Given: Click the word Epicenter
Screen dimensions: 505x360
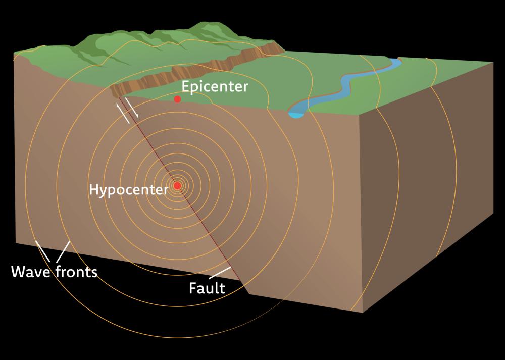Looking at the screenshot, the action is (x=215, y=86).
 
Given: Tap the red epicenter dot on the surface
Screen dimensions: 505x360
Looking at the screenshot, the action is (x=177, y=99).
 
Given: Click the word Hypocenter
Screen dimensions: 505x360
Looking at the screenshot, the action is (x=128, y=190).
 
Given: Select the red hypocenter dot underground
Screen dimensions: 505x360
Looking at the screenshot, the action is (x=177, y=186).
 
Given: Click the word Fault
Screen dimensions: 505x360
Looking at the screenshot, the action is (x=207, y=288).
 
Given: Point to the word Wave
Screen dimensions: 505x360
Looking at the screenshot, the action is (x=30, y=272).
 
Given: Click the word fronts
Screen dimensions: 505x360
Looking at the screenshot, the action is (x=76, y=272).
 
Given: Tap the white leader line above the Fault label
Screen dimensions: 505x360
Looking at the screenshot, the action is (x=220, y=273).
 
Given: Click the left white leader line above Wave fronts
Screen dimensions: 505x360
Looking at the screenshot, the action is (x=42, y=251).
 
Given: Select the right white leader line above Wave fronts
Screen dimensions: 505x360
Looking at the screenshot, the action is (x=63, y=252).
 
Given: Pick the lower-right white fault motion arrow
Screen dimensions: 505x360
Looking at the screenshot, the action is (x=132, y=108).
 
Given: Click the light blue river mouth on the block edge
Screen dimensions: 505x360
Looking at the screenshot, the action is (x=295, y=114).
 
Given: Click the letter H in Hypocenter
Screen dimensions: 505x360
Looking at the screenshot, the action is (x=93, y=189).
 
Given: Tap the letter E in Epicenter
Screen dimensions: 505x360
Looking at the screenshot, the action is (x=185, y=86).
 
